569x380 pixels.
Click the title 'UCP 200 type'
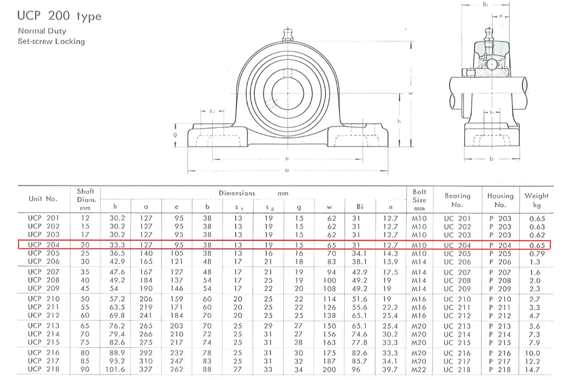(59, 16)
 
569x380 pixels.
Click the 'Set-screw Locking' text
(51, 41)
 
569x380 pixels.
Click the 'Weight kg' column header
(536, 200)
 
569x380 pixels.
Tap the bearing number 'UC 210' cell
(457, 299)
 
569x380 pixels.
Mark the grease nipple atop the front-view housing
(286, 36)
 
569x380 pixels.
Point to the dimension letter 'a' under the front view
(287, 170)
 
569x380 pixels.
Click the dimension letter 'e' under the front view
(287, 159)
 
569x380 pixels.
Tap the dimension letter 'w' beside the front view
(410, 93)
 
